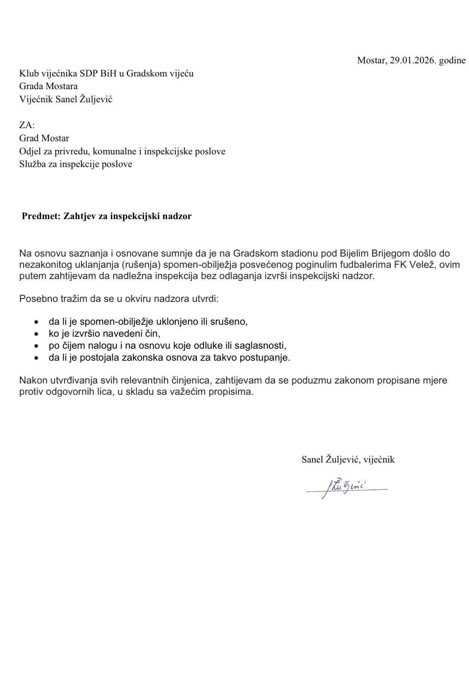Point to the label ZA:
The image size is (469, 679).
[27, 125]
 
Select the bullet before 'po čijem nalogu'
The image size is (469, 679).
[36, 346]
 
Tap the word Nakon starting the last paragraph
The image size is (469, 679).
[33, 381]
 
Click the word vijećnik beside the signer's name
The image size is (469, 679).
[379, 460]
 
